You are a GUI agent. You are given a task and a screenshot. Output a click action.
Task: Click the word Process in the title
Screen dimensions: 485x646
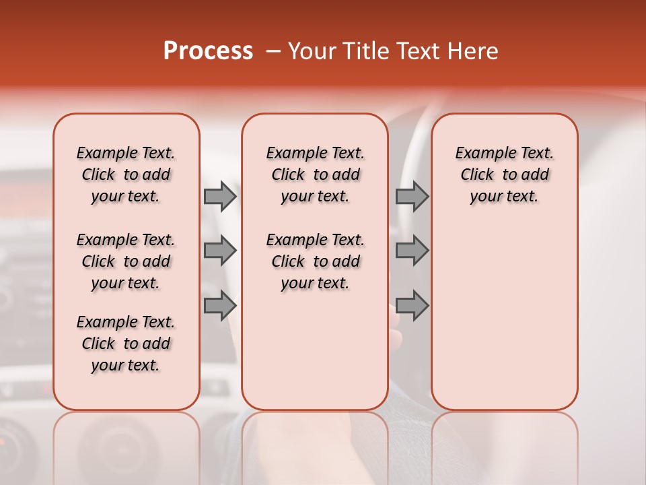tap(208, 51)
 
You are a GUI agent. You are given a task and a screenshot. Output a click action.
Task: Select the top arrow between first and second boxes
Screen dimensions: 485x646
tap(220, 196)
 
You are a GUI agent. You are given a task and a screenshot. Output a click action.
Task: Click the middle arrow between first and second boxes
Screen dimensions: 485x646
tap(220, 251)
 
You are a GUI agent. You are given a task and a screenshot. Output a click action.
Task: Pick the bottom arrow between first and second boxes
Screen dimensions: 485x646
tap(220, 306)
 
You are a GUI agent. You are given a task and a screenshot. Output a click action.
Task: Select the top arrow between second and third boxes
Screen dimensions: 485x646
tap(412, 196)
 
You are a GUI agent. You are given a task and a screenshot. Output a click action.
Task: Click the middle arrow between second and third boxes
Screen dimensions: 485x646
tap(412, 251)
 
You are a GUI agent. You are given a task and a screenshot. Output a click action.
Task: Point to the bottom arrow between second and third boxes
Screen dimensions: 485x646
tap(412, 306)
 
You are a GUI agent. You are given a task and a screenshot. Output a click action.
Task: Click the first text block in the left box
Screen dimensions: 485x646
tap(126, 174)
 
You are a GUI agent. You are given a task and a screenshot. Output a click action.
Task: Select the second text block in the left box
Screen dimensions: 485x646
tap(126, 261)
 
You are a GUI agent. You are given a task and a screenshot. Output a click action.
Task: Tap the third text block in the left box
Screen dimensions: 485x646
tap(126, 344)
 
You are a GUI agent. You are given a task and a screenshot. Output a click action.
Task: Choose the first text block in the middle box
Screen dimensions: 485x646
tap(315, 174)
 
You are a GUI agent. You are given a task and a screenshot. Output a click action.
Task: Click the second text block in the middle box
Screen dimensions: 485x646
tap(315, 261)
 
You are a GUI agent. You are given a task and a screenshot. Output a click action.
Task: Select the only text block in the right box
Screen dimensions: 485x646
tap(504, 174)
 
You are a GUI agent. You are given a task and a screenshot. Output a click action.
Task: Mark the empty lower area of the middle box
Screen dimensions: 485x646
tap(315, 350)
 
